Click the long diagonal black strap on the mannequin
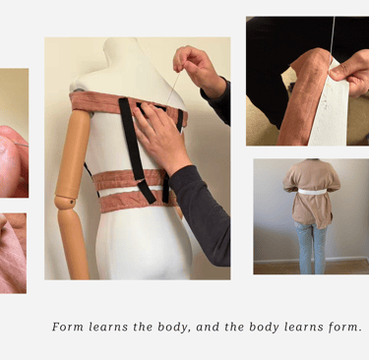[135, 148]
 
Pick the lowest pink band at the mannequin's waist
[138, 201]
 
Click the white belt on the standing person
[312, 192]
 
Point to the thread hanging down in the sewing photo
[333, 38]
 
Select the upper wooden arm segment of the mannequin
[73, 152]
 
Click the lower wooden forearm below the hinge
[74, 244]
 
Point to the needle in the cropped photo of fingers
[22, 144]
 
